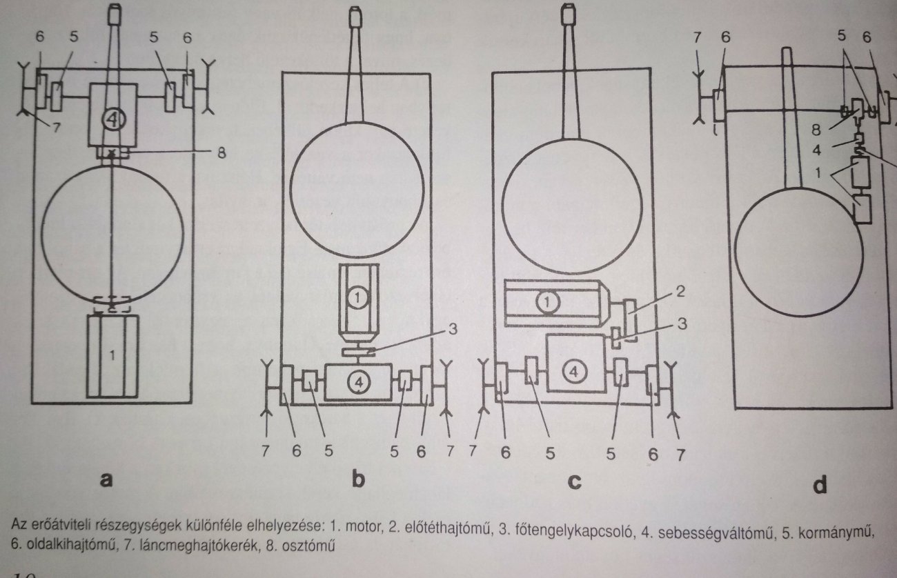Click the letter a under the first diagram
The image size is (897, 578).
[x=105, y=481]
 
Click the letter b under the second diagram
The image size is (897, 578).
[x=357, y=480]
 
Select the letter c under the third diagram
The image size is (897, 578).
[x=573, y=481]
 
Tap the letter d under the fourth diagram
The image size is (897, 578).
[x=820, y=486]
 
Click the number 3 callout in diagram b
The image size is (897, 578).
[x=453, y=328]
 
